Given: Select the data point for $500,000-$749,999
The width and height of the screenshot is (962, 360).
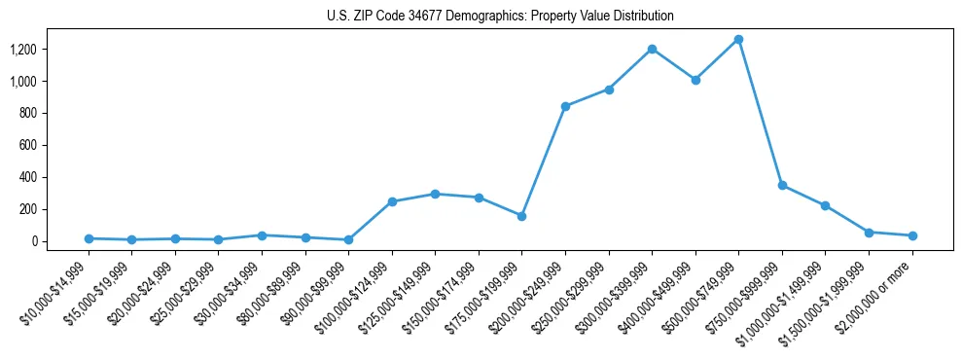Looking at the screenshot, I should (739, 40).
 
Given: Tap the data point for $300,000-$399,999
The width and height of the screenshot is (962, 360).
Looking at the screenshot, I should (652, 49).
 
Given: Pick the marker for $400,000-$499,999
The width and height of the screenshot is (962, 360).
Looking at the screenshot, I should (695, 80).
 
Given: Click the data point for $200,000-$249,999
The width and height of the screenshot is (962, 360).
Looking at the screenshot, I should (565, 106).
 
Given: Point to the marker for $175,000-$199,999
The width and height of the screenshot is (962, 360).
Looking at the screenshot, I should (522, 216).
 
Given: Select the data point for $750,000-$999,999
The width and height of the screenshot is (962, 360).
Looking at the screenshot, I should (782, 185).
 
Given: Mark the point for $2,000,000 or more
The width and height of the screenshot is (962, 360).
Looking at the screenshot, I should (912, 235).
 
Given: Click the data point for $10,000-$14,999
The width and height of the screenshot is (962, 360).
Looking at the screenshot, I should (89, 238).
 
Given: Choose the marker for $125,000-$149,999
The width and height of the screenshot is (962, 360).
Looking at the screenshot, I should (436, 194).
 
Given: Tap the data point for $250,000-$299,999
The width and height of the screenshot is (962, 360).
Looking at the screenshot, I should (609, 90).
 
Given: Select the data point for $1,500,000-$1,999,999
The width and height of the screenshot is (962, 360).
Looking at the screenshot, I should (869, 233).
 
